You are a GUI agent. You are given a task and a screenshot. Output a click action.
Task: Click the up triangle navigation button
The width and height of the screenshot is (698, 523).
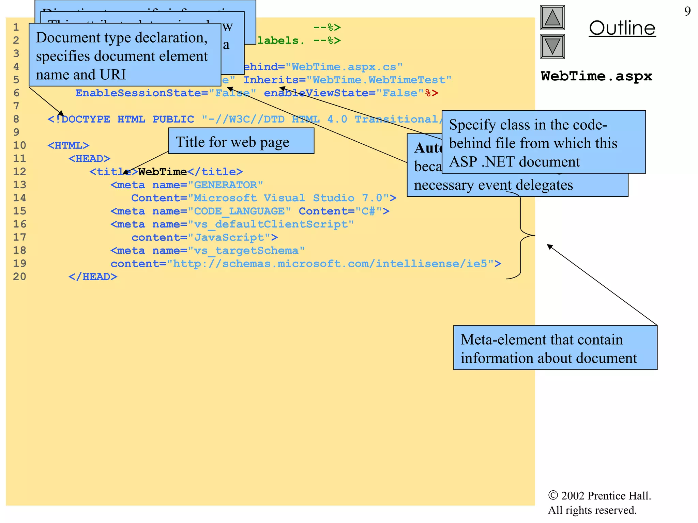click(x=552, y=17)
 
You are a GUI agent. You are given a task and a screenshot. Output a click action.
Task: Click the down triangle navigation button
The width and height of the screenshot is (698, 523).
click(x=552, y=46)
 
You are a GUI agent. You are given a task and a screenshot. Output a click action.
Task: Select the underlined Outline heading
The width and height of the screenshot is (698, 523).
click(x=622, y=28)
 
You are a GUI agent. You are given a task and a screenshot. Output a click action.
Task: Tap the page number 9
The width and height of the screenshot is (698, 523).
click(x=687, y=12)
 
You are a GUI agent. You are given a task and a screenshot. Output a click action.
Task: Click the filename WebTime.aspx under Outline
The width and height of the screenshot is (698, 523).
click(x=596, y=76)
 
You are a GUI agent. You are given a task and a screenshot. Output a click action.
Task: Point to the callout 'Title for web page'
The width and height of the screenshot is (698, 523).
click(x=241, y=141)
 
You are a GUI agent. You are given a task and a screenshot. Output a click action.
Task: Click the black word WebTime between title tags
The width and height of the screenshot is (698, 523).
click(x=162, y=172)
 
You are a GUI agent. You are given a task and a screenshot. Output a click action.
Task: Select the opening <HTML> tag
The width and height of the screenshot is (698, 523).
click(x=68, y=145)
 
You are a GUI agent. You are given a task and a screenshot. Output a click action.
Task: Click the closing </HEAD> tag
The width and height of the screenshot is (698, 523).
click(x=93, y=276)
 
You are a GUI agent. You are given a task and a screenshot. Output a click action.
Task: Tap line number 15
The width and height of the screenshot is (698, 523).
click(x=19, y=211)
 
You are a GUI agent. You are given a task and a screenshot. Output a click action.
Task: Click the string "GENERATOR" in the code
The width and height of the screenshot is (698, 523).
click(x=225, y=185)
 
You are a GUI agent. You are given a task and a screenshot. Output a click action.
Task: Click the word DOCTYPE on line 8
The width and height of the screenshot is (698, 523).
click(x=86, y=119)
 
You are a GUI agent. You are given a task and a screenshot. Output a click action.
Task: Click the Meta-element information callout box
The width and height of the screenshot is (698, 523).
click(x=555, y=348)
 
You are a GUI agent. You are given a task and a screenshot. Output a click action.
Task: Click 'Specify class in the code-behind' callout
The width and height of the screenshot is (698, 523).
click(x=543, y=142)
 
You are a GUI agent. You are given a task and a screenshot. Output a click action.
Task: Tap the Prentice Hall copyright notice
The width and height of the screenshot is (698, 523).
click(x=599, y=503)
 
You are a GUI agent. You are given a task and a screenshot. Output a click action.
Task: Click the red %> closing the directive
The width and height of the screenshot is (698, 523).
click(x=431, y=93)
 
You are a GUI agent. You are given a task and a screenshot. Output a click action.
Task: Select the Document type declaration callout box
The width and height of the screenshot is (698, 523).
click(x=124, y=55)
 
